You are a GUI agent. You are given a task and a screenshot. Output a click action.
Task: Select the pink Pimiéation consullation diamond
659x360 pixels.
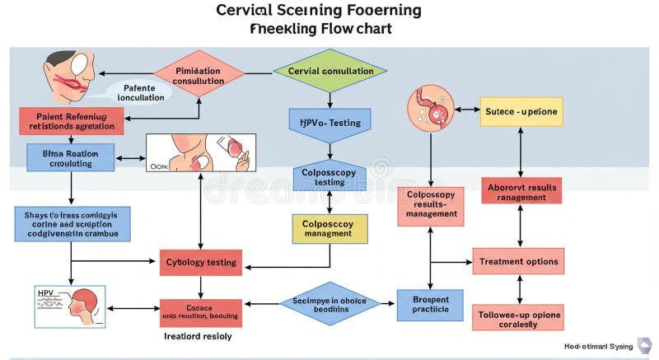coord(199,74)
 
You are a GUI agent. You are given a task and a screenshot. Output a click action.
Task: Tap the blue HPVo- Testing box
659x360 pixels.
coord(329,123)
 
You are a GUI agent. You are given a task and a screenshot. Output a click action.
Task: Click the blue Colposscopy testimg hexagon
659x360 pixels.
coord(329,175)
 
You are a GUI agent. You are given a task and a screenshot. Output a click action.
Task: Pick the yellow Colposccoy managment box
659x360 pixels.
coord(329,228)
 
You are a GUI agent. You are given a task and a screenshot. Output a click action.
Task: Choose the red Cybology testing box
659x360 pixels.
coord(201,263)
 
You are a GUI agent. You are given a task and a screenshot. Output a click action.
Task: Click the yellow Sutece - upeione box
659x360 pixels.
coord(521,110)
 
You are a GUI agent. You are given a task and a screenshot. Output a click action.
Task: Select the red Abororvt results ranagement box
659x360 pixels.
coord(521,192)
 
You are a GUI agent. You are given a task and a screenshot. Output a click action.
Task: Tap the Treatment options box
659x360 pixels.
coord(518,262)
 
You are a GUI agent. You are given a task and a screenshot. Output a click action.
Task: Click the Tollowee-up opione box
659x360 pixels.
coord(518,318)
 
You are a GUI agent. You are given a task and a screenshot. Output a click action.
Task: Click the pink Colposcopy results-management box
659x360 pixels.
coord(430,206)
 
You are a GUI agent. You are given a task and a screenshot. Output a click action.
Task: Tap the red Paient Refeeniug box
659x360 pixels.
coord(72,122)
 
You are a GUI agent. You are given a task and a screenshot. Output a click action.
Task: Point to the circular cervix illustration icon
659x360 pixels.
coord(431,110)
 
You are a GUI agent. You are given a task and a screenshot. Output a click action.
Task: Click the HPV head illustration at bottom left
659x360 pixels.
coord(70,306)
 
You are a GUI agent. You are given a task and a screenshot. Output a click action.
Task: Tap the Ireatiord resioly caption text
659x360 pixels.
coord(199,336)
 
